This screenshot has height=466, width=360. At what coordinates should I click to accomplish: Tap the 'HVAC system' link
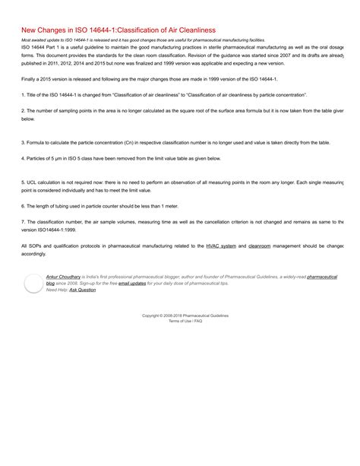(221, 246)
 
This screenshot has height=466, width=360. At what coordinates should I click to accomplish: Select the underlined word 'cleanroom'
(260, 246)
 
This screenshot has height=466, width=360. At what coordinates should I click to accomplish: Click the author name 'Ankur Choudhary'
(63, 277)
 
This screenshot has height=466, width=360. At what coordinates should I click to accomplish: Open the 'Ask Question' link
(83, 290)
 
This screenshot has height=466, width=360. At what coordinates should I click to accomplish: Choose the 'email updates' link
(132, 284)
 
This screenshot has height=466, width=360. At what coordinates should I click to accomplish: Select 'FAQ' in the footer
(198, 321)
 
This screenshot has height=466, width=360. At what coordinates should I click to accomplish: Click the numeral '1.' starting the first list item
(24, 94)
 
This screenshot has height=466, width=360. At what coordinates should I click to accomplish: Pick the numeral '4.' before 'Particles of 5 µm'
(24, 158)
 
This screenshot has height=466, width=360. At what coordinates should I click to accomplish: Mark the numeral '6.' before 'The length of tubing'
(24, 206)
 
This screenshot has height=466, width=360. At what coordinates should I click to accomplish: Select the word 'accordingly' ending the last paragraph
(34, 254)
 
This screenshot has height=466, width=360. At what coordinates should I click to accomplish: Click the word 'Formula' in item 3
(37, 142)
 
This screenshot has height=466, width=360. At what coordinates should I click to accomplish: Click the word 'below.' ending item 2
(28, 119)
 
